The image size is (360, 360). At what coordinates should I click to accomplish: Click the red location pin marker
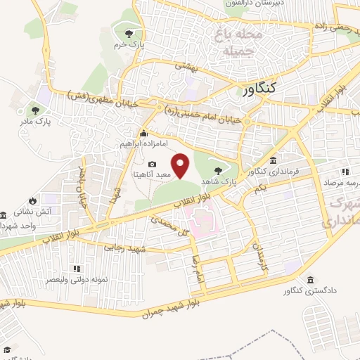[x=181, y=166]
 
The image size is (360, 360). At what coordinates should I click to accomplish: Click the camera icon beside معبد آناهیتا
[x=152, y=164]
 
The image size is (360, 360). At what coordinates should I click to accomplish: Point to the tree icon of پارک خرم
[x=129, y=33]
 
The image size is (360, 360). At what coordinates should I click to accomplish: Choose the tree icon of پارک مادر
[x=35, y=110]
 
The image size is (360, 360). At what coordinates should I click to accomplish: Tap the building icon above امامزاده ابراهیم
[x=143, y=134]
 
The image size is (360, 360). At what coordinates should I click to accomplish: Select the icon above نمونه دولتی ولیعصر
[x=77, y=269]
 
